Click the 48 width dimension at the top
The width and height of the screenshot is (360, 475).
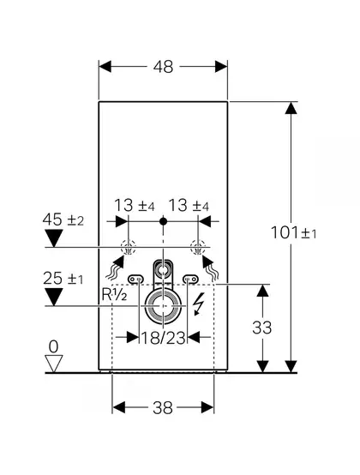click(163, 67)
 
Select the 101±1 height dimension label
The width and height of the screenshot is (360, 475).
click(293, 232)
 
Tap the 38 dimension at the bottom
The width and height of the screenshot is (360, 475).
click(163, 407)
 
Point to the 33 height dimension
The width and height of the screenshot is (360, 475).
click(262, 328)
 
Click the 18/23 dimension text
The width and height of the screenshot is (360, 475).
click(163, 338)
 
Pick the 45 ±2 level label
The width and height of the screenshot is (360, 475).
click(63, 219)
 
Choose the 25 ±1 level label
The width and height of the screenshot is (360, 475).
click(63, 279)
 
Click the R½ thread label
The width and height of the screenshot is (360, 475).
click(114, 295)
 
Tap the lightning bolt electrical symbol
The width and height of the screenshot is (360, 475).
click(198, 304)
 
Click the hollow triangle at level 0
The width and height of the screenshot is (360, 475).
click(54, 364)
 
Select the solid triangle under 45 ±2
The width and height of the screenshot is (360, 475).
click(54, 238)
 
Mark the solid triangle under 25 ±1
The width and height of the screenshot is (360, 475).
click(54, 297)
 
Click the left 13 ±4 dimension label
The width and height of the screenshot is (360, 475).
click(134, 206)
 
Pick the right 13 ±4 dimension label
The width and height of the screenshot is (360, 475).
click(189, 206)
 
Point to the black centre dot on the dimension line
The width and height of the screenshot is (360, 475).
click(163, 221)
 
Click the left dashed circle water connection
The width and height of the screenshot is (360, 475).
click(129, 247)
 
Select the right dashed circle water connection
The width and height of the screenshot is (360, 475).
click(198, 247)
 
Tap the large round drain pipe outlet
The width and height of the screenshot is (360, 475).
click(163, 306)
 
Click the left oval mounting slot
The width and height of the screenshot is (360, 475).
click(136, 278)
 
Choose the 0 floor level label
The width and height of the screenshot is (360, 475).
click(54, 346)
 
